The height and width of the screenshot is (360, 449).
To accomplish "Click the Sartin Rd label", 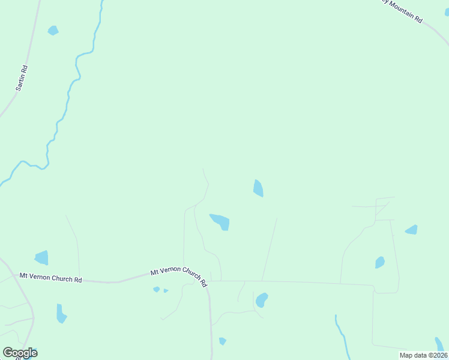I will tap(22, 78).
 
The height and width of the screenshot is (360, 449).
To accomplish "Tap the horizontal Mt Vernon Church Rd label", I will tap(50, 278).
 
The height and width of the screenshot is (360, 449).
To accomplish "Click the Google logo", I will tap(20, 353).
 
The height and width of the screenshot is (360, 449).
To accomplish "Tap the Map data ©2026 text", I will tap(423, 355).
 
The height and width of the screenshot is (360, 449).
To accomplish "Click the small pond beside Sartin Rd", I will tap(53, 30).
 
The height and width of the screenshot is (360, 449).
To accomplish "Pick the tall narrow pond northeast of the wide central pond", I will tap(258, 188).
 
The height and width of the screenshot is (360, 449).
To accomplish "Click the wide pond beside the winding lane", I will tap(220, 221).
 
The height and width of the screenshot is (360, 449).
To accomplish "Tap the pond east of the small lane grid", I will tap(412, 230).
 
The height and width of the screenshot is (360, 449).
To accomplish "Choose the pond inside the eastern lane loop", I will tap(379, 262).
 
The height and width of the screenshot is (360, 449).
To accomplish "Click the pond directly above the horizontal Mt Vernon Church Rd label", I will tap(41, 258).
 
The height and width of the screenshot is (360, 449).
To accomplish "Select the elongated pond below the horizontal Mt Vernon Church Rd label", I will tap(61, 314).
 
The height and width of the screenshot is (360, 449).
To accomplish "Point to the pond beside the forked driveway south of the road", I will tap(261, 299).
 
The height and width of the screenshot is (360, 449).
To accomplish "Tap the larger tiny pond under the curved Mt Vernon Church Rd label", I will tap(156, 289).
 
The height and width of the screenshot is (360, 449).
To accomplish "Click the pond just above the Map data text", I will tap(440, 344).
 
